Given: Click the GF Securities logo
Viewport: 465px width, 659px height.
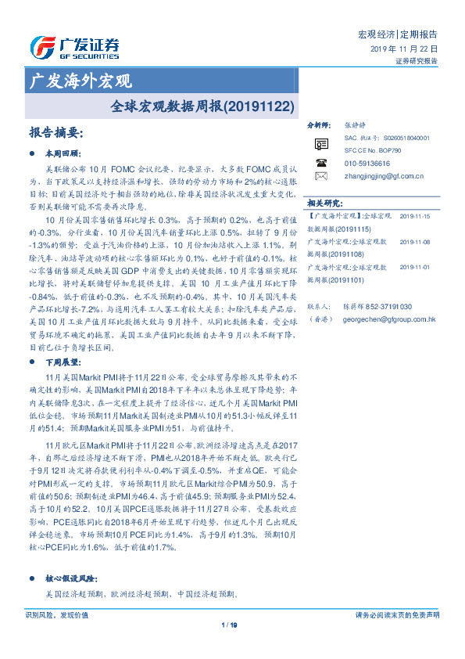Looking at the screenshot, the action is [74, 47].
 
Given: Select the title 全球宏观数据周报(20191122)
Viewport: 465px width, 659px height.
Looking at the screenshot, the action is [202, 103].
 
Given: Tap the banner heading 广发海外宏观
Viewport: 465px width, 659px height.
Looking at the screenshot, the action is [80, 81].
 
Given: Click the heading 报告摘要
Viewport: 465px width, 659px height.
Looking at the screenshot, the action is [55, 132].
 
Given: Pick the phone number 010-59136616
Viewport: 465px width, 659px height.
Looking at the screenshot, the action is [367, 163].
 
